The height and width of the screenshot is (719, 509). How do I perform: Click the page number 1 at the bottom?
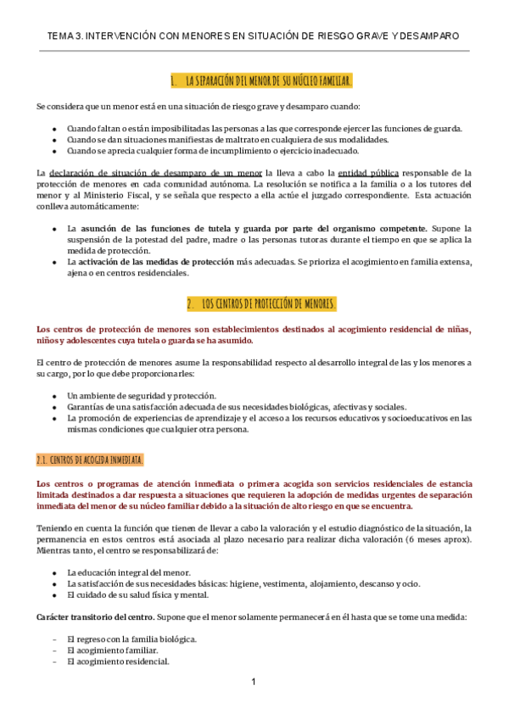pyautogui.click(x=253, y=682)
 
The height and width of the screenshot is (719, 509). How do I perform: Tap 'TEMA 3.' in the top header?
pyautogui.click(x=66, y=36)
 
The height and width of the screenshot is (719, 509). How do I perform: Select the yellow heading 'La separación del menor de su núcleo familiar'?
pyautogui.click(x=260, y=81)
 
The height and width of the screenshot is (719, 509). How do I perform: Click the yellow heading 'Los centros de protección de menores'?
pyautogui.click(x=261, y=304)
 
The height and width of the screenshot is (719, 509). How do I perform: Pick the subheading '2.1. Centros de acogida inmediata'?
pyautogui.click(x=90, y=460)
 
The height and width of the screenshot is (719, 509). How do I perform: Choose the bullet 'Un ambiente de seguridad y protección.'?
pyautogui.click(x=142, y=395)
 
